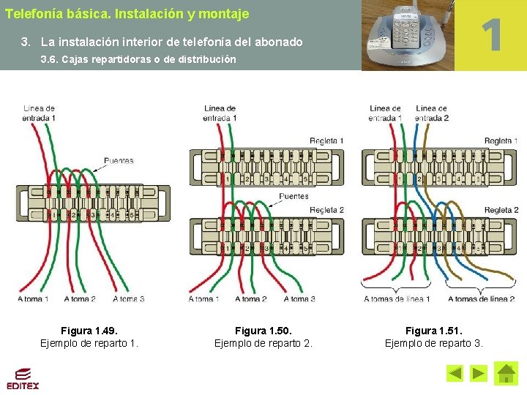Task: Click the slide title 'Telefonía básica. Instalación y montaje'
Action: [x=127, y=14]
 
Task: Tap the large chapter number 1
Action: [x=492, y=35]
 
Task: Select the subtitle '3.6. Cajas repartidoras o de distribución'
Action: [x=138, y=59]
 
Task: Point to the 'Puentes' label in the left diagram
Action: [x=119, y=160]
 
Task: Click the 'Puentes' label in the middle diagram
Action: [x=294, y=196]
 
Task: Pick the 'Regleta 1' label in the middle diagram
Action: [x=326, y=140]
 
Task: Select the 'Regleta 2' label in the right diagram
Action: [x=501, y=210]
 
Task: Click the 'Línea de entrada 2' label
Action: [x=432, y=113]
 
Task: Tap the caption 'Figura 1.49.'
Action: [x=89, y=331]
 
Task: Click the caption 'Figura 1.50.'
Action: [x=263, y=331]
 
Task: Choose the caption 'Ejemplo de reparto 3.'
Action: [x=434, y=343]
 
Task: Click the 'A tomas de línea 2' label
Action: [x=481, y=298]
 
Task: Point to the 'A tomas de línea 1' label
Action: [x=397, y=298]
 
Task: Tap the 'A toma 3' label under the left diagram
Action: [x=129, y=298]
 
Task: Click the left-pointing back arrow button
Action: [x=455, y=374]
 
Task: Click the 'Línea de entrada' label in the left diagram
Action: [x=39, y=113]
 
